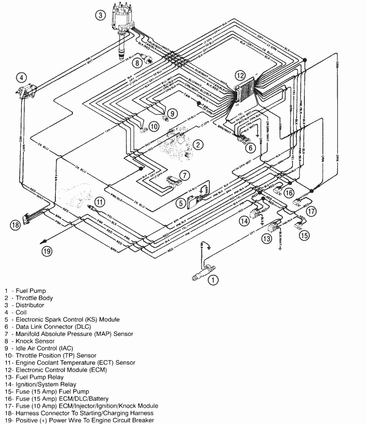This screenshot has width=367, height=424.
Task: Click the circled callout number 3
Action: pos(100,16)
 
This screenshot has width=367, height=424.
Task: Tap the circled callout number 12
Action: pos(239,76)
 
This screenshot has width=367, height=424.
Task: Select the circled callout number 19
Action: pos(47,251)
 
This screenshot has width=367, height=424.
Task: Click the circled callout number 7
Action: pos(183,175)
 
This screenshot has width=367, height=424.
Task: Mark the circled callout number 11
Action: pos(99,201)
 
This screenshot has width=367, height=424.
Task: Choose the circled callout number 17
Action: pos(311,212)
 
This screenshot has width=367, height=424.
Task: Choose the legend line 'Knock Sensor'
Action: pos(33,341)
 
